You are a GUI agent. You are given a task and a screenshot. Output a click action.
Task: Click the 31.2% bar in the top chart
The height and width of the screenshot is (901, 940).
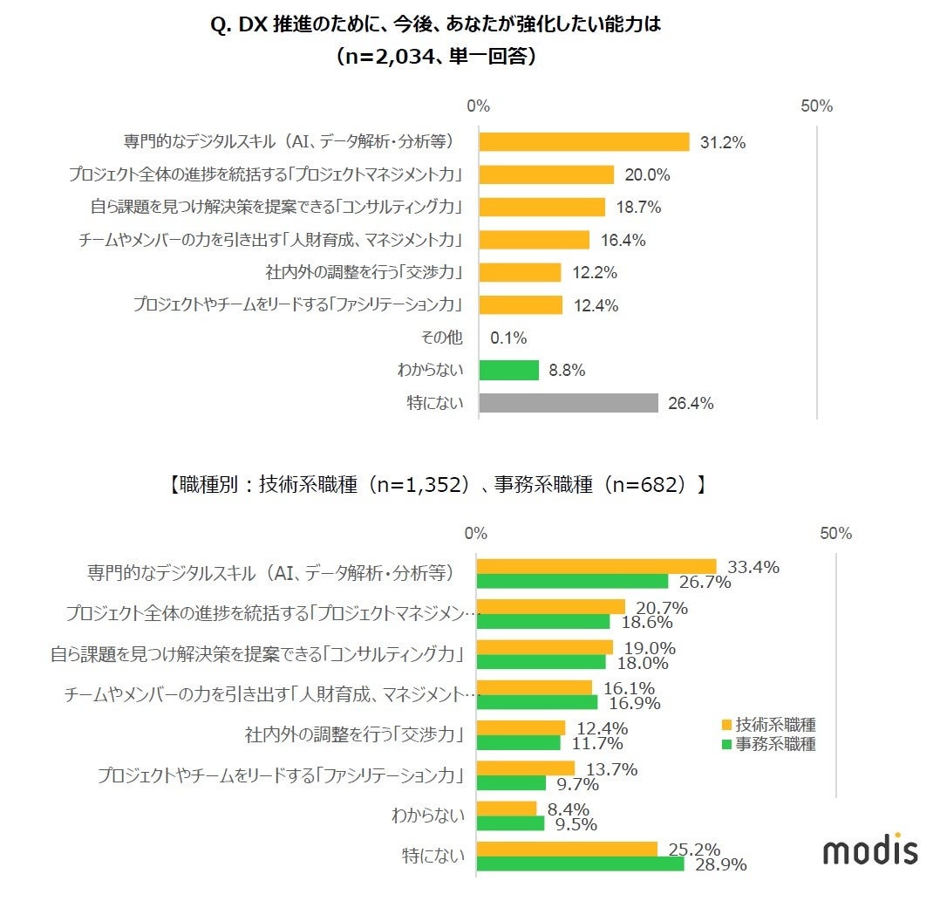coord(583,142)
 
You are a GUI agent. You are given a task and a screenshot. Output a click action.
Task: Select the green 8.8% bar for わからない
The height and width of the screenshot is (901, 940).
coord(508,370)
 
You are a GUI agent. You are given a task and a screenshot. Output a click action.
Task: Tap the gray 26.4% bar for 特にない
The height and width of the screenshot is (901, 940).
coord(568,403)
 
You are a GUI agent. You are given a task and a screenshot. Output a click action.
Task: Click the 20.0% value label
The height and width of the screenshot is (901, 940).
coord(647,174)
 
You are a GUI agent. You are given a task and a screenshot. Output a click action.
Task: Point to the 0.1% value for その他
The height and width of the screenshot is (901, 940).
coord(508,338)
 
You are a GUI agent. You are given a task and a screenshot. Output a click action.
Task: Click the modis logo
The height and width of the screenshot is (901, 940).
coord(870,849)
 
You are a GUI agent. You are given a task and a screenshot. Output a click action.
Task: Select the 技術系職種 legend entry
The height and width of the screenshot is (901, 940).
coord(767,724)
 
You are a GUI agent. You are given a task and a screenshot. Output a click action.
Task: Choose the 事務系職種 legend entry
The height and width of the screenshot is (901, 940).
coord(767,744)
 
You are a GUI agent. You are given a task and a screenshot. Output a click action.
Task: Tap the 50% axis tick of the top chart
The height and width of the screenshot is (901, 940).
coord(816,106)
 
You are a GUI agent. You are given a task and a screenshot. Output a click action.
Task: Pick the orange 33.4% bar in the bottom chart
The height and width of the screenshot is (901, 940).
coord(596,567)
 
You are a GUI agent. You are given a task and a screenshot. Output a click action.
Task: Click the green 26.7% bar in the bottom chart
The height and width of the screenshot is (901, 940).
coord(572,582)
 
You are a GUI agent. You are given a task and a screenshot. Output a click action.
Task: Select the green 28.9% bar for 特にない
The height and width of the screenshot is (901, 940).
coord(580,863)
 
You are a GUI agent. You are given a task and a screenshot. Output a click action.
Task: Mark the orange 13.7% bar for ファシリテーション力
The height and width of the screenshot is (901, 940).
coord(525,768)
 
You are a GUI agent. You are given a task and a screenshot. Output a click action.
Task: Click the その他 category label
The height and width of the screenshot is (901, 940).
coord(442,338)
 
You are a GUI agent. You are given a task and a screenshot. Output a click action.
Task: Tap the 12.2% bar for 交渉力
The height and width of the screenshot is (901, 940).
coord(520,272)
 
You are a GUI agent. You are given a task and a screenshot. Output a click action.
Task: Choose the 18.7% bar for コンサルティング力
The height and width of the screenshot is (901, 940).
coord(542,208)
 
